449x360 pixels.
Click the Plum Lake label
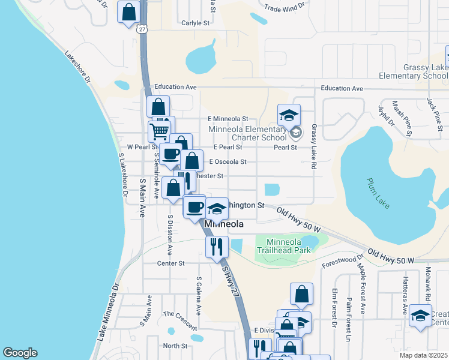379,193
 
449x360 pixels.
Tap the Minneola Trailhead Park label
285,245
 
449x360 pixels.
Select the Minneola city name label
224,224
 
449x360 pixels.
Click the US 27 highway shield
142,29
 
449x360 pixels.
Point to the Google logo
20,353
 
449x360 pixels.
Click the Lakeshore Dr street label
78,66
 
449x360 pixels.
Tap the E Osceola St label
228,161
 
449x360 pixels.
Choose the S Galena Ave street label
198,295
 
